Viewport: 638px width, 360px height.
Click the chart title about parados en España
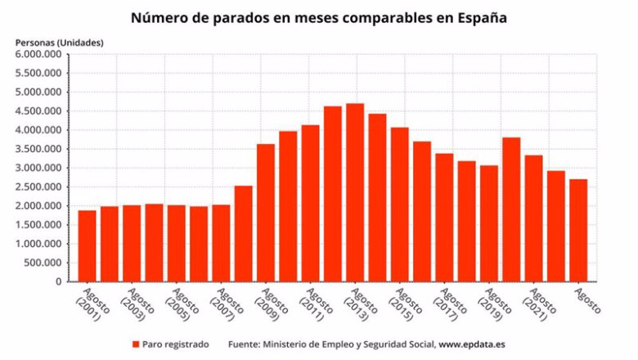(x=318, y=17)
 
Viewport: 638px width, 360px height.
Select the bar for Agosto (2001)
(x=87, y=245)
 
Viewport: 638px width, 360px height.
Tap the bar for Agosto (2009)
(x=266, y=213)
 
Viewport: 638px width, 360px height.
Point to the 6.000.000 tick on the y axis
(x=39, y=55)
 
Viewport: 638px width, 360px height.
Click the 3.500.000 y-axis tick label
(x=39, y=149)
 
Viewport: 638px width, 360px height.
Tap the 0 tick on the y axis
(x=58, y=281)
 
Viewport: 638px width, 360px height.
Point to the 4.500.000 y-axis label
(x=39, y=111)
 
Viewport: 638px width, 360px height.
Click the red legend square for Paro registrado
(x=136, y=344)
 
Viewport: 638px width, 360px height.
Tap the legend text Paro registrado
(x=175, y=344)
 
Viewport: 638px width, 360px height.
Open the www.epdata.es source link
(x=471, y=344)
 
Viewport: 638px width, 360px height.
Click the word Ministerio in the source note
(x=287, y=344)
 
